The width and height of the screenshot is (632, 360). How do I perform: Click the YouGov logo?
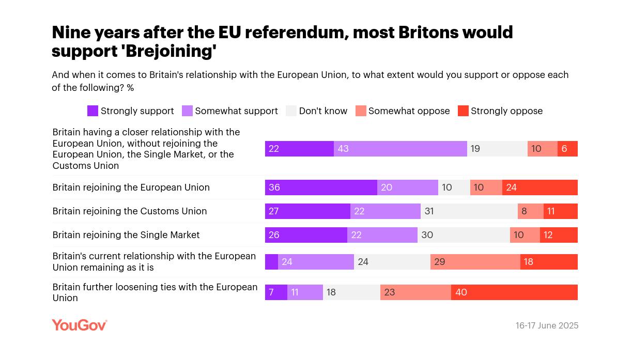pos(79,325)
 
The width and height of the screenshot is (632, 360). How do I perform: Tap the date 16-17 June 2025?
pos(547,325)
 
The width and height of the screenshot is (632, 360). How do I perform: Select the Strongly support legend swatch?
pos(93,111)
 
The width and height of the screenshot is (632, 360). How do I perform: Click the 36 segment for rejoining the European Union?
pos(321,187)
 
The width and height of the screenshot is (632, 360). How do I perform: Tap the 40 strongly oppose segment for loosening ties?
pos(514,292)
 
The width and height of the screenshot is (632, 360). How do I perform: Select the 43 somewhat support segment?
pos(400,149)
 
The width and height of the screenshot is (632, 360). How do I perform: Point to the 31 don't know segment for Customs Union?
pos(469,211)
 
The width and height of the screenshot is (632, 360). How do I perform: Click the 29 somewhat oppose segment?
pos(475,262)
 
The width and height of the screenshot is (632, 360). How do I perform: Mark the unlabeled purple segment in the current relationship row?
pos(271,262)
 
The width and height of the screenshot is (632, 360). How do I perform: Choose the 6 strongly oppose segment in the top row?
pos(567,149)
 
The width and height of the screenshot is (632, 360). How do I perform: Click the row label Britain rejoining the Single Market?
pos(126,235)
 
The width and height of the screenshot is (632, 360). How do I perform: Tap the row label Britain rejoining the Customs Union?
pos(130,211)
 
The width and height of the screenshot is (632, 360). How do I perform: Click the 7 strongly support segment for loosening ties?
pos(276,292)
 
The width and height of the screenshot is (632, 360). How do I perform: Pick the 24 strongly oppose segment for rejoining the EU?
pos(539,187)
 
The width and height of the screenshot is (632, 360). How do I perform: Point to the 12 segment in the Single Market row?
pos(559,235)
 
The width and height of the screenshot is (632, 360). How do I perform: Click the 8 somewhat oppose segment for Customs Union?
pos(530,211)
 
